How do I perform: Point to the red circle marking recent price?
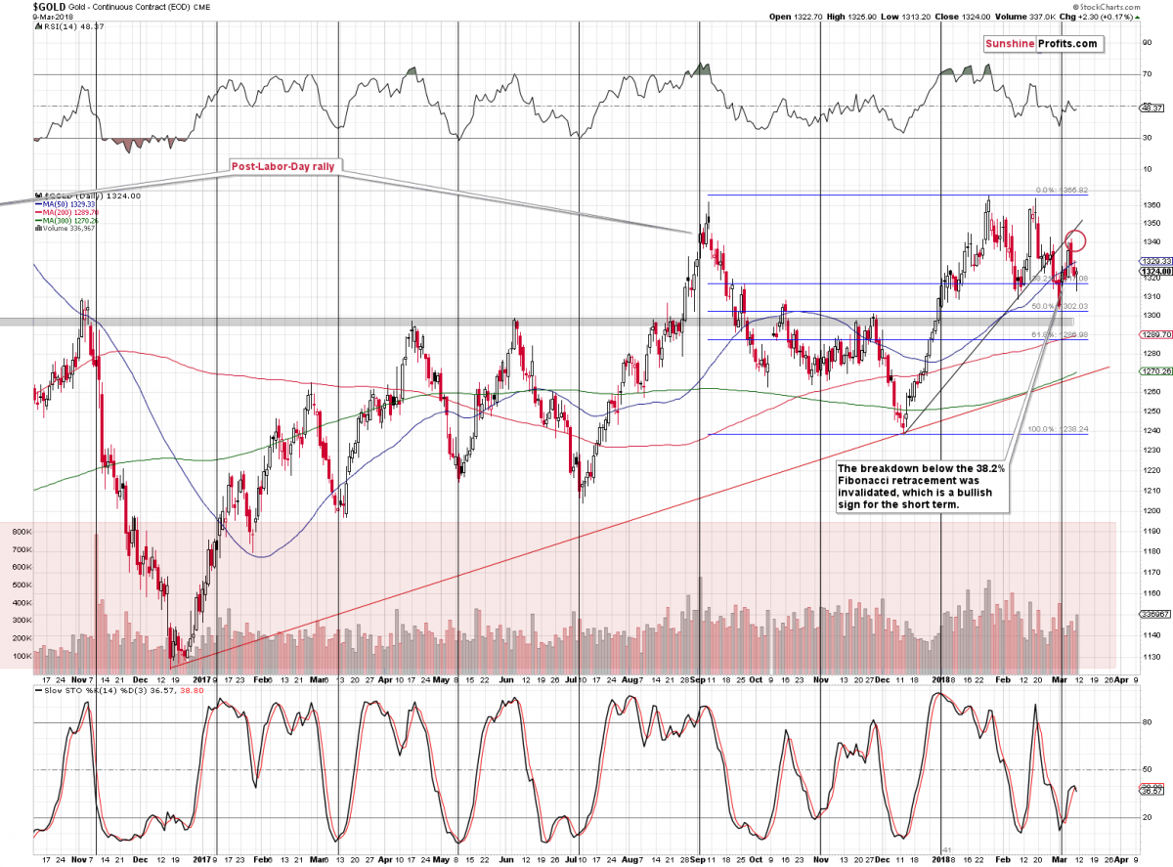point(1076,240)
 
